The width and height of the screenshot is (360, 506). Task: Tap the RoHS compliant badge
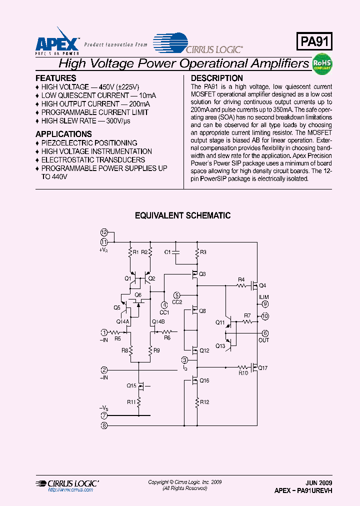click(x=322, y=64)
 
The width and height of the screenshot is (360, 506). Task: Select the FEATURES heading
click(x=56, y=78)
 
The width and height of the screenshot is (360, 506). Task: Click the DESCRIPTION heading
click(x=217, y=78)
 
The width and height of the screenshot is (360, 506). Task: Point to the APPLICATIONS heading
click(x=63, y=134)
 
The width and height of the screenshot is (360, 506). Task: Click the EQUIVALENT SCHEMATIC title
click(x=183, y=215)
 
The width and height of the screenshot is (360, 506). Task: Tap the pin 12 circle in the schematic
click(x=104, y=232)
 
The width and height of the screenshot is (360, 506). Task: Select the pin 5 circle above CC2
click(x=177, y=295)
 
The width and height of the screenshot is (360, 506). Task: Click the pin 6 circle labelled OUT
click(x=265, y=333)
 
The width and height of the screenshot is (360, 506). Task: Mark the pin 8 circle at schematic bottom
click(x=104, y=425)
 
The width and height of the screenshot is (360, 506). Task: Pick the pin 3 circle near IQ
click(x=184, y=360)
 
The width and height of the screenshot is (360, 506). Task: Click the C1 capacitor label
click(x=168, y=252)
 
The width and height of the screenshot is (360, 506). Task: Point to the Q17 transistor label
click(x=263, y=368)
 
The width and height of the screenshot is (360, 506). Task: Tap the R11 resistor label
click(x=131, y=401)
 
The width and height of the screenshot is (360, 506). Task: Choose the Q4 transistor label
click(x=262, y=286)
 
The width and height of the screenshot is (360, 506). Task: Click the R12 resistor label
click(x=204, y=401)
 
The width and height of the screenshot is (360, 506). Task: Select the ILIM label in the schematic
click(x=263, y=297)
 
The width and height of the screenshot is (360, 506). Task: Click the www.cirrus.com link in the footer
click(x=70, y=490)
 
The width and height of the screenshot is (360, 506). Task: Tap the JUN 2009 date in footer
click(x=319, y=483)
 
